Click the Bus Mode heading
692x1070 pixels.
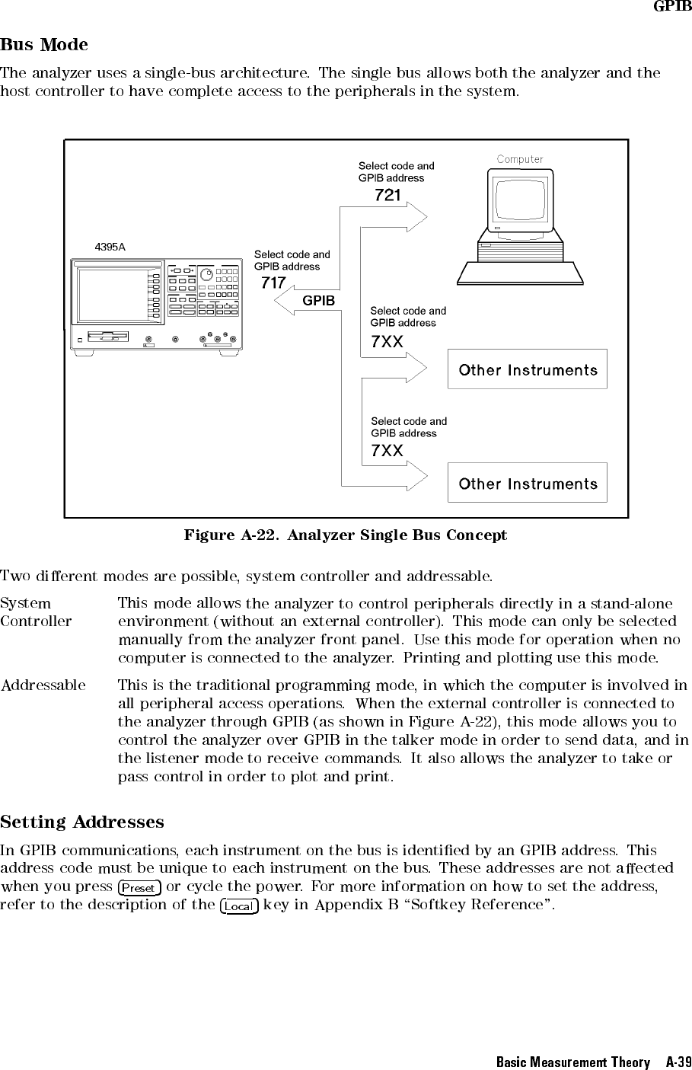point(44,45)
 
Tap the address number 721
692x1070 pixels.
point(387,195)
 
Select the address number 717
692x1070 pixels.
point(273,283)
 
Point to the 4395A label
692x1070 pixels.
point(110,247)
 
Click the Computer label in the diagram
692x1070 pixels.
point(520,159)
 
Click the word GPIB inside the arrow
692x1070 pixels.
point(318,301)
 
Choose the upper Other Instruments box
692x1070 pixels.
point(528,370)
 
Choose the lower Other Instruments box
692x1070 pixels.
point(528,484)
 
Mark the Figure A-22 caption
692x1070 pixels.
point(345,535)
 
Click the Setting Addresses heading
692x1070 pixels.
point(82,822)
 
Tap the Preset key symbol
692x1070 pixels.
point(139,888)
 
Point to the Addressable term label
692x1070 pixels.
point(43,685)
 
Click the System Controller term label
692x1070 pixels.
point(36,613)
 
